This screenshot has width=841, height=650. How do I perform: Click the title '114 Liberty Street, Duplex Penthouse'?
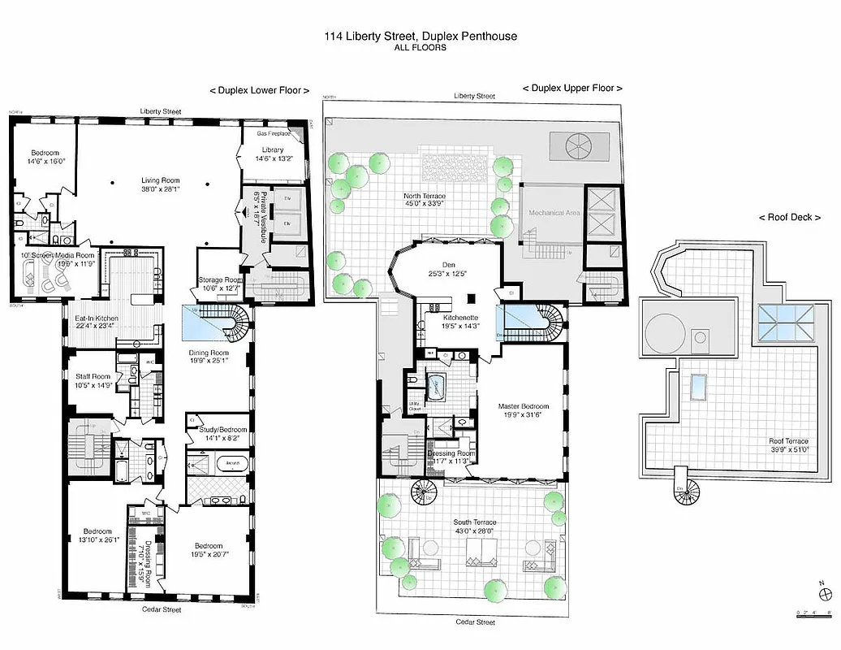(420, 37)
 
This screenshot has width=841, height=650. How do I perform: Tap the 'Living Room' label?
(159, 180)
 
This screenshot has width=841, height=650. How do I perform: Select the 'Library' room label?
(273, 150)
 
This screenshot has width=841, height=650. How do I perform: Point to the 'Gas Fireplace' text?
(275, 133)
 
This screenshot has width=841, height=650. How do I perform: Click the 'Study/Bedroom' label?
(217, 430)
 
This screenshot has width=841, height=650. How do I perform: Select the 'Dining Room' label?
(209, 353)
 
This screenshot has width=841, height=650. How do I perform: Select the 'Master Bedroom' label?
(524, 406)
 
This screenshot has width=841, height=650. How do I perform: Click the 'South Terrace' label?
(475, 522)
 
